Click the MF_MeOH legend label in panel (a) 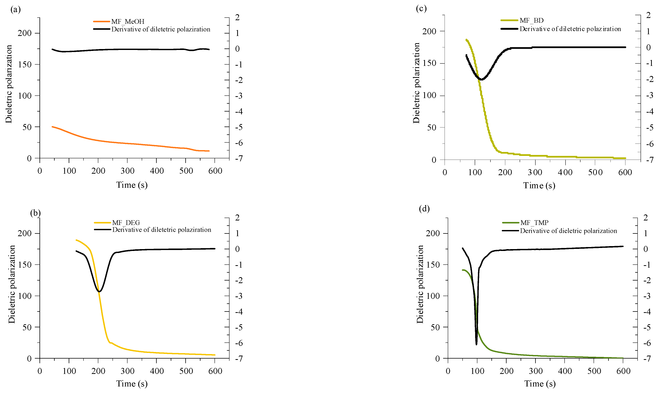128,22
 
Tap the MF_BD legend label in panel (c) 531,20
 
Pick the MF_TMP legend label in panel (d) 534,223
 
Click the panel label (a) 15,10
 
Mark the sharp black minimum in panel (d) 476,344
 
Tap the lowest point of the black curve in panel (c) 481,80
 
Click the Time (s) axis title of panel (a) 132,185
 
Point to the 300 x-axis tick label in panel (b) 127,371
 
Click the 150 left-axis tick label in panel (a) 25,64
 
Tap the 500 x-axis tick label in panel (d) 594,371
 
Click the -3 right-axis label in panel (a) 239,96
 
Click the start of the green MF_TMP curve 463,270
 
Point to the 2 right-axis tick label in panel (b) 238,217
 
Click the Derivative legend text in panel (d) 568,231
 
